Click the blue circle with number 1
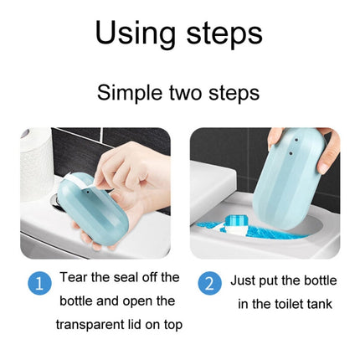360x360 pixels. pos(39,283)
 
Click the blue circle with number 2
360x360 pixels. pos(209,283)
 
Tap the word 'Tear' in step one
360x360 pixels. pos(76,277)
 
